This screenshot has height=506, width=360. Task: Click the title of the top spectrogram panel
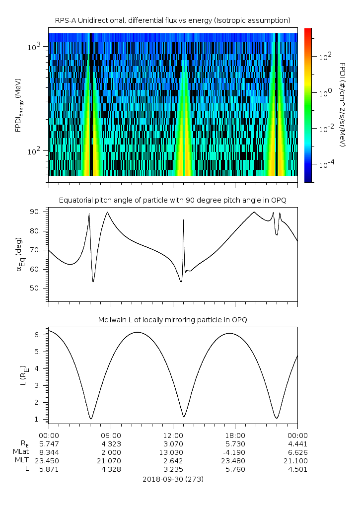coord(173,20)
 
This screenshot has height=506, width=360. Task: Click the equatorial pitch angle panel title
coord(173,200)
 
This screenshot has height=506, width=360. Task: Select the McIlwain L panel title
coord(173,319)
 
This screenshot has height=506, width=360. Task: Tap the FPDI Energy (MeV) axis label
coord(19,105)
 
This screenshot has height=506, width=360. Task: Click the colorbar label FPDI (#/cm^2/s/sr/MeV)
coord(342,105)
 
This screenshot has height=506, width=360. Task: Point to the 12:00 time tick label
coord(173,434)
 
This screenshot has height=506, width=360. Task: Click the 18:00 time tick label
coord(235,434)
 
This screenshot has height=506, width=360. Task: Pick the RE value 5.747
coord(49,443)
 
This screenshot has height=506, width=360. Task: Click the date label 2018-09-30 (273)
coord(173,479)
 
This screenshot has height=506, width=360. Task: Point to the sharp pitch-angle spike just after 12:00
coord(184,220)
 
